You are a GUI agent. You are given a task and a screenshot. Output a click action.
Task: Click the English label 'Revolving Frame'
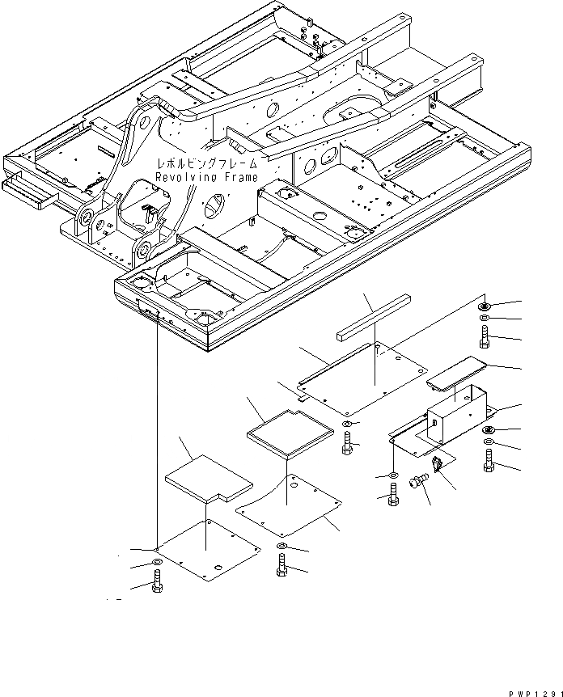(x=206, y=177)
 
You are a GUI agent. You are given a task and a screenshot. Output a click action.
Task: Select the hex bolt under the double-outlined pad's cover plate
(x=281, y=568)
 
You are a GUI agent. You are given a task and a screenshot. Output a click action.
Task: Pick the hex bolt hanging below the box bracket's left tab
(x=393, y=495)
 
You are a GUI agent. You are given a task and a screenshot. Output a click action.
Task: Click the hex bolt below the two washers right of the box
(x=488, y=462)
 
